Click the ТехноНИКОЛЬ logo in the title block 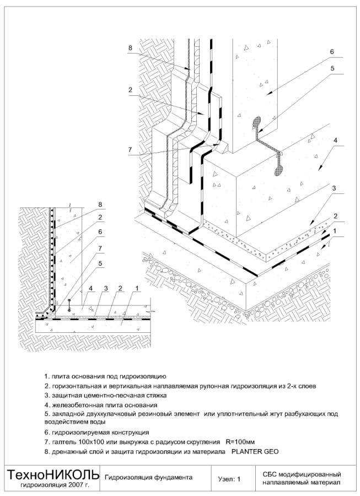tap(53, 474)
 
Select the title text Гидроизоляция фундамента tap(148, 477)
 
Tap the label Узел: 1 tap(229, 479)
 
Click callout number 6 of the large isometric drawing tap(332, 52)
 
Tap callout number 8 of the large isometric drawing tap(131, 48)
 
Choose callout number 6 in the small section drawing tap(100, 232)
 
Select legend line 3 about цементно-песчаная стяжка tap(105, 395)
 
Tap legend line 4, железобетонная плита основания tap(101, 405)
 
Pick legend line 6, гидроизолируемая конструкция tap(96, 432)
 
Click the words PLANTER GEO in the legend tap(255, 451)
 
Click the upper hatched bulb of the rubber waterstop tap(258, 122)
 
